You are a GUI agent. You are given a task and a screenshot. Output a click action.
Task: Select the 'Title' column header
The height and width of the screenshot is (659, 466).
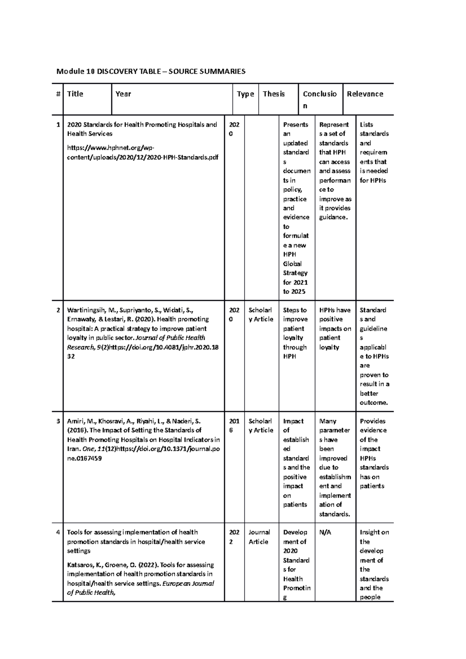coord(75,94)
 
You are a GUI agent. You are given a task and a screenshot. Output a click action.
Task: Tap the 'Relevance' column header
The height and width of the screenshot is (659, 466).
coord(365,94)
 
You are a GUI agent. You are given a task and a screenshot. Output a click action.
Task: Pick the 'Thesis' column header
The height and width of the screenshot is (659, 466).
coord(273,94)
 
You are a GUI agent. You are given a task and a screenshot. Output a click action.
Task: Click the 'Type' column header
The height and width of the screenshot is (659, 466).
coord(245,94)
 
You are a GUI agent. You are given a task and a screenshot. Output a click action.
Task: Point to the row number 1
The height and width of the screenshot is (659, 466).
coord(58,125)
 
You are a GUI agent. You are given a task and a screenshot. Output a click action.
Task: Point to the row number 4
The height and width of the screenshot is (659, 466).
coord(58,532)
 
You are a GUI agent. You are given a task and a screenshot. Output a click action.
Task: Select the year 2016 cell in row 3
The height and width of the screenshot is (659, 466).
coord(234,426)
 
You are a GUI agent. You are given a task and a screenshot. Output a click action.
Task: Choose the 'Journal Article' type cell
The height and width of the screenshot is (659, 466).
coord(259,537)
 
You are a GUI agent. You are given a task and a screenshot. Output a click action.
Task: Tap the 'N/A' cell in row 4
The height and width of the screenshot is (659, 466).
coord(325,532)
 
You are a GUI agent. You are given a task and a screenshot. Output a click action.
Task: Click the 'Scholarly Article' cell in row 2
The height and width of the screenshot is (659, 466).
coord(260,315)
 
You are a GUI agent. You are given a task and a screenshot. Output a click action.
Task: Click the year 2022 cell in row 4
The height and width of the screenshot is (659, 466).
coord(234,537)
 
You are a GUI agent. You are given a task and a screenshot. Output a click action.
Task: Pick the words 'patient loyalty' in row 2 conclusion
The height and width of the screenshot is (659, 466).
coord(329,343)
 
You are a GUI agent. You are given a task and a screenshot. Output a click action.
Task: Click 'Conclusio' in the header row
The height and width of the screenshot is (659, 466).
coord(320,94)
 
